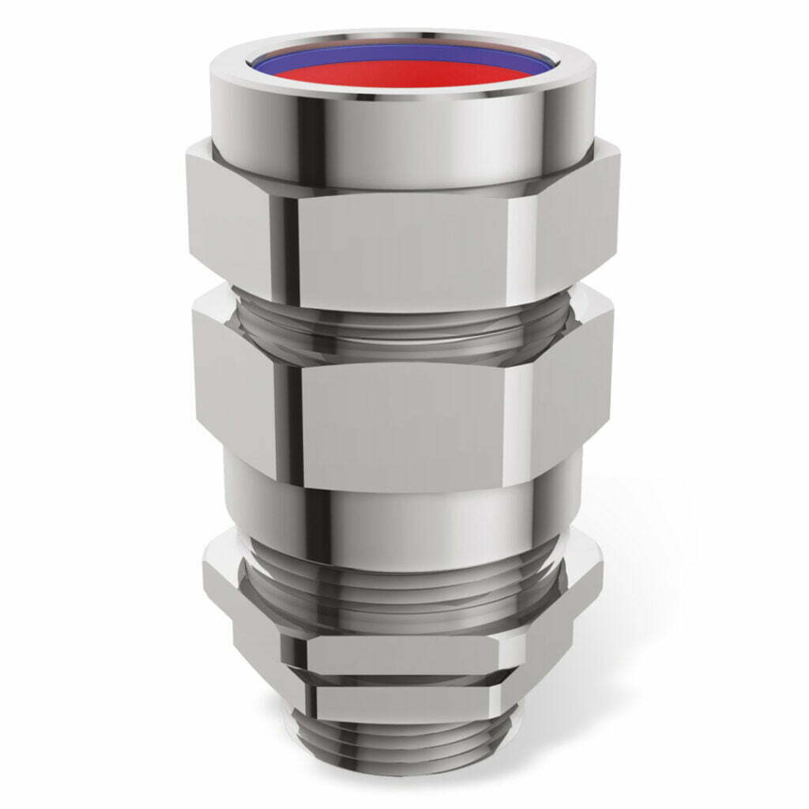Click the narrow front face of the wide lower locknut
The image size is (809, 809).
(403, 652)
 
